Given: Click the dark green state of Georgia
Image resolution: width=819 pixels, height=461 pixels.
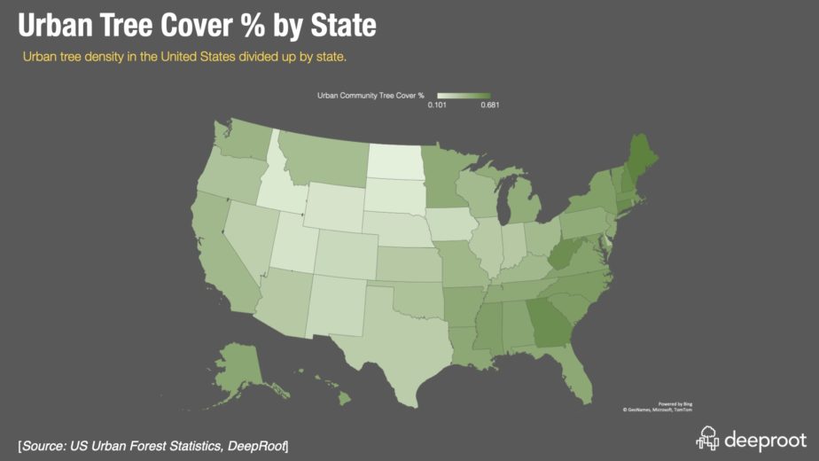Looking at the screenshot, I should (548, 324).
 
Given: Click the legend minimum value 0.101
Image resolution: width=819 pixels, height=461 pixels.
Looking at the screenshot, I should (436, 105).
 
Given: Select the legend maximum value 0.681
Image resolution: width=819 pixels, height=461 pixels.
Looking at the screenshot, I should (490, 105).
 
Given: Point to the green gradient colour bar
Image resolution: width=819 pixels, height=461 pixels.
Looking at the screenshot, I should (464, 95).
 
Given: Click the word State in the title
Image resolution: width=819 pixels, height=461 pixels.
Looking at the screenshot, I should (336, 26).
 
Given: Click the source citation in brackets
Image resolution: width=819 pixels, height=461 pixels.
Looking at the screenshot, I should (152, 443).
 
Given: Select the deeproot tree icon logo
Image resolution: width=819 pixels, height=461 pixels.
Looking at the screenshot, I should (707, 438).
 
